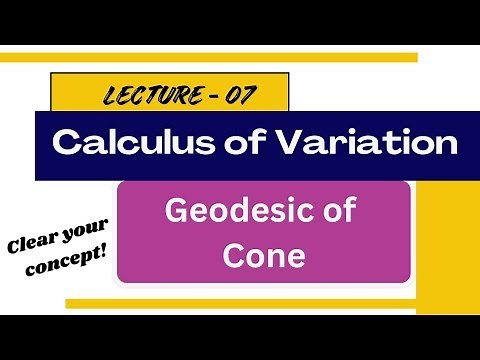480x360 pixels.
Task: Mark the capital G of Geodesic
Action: point(175,213)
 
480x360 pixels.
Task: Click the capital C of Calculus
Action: point(65,143)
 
